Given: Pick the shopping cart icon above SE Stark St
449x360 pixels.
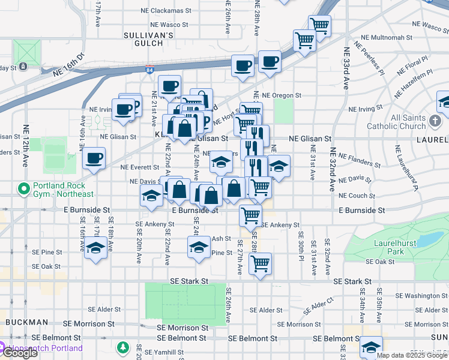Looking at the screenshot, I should (260, 262).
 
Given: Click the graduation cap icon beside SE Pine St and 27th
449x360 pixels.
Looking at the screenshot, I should (199, 246).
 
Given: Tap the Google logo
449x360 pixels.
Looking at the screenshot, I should (19, 353).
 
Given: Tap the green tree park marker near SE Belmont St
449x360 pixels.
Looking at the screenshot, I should (123, 347).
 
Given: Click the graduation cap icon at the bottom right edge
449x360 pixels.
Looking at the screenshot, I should (372, 347).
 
